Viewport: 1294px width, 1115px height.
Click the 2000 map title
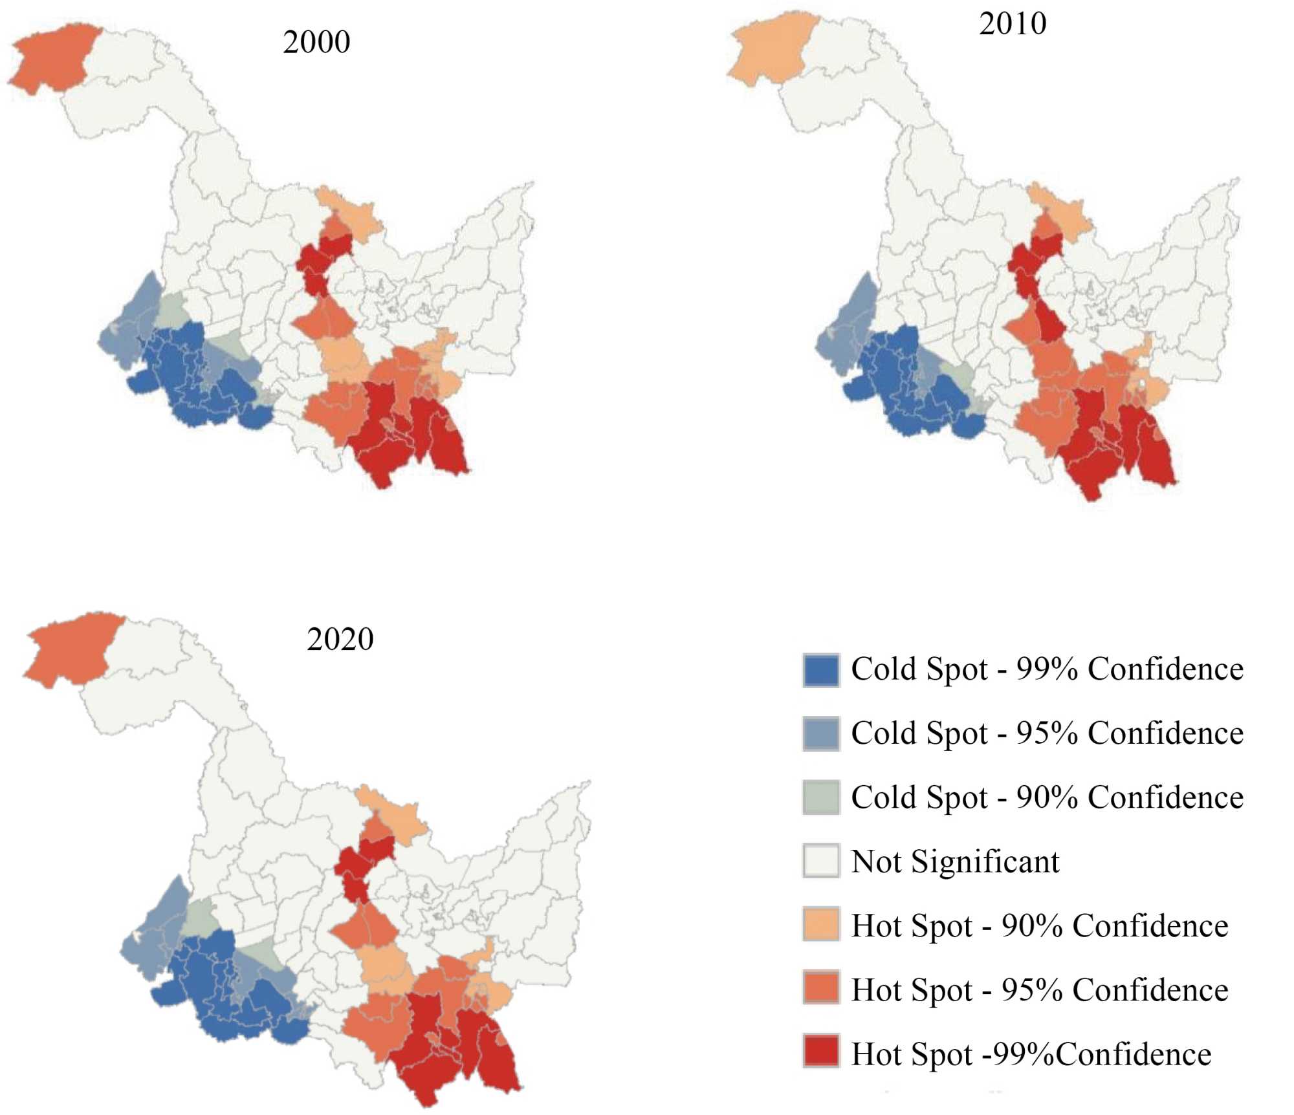(316, 43)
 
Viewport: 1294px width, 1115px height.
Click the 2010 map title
(1012, 24)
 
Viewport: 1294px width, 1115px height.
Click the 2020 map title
(340, 640)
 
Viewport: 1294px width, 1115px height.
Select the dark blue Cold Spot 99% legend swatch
(820, 670)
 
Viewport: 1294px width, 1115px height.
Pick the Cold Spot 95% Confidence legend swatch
(820, 734)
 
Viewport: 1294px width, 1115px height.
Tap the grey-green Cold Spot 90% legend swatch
(820, 797)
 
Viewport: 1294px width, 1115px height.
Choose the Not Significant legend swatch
(820, 861)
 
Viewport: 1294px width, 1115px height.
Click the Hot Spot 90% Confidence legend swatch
(820, 925)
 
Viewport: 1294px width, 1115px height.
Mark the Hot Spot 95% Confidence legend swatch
(820, 988)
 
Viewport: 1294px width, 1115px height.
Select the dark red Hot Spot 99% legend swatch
(820, 1052)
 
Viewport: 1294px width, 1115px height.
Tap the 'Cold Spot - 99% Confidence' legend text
(1047, 669)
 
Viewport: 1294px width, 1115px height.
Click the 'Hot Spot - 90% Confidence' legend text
(1039, 926)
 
